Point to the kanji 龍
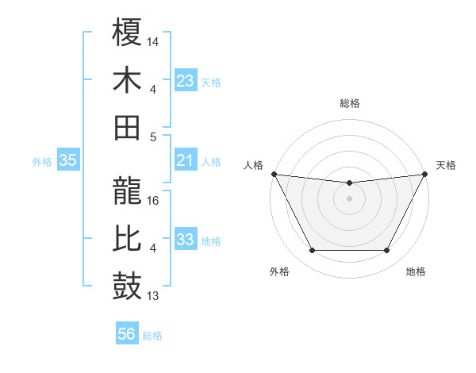coord(128,191)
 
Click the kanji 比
coord(128,239)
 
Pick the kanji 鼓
coord(128,286)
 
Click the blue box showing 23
coord(186,80)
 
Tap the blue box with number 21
coord(186,160)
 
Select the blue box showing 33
coord(186,240)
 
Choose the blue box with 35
coord(68,160)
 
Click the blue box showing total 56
coord(127,334)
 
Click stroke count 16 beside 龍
coord(153,201)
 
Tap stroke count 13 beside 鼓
coord(153,297)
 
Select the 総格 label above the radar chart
coord(349,103)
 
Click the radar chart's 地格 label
coord(416,271)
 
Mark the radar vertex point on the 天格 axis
coord(425,174)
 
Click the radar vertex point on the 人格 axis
coord(274,174)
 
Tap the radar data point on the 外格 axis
coord(312,251)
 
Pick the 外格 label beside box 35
coord(42,161)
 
